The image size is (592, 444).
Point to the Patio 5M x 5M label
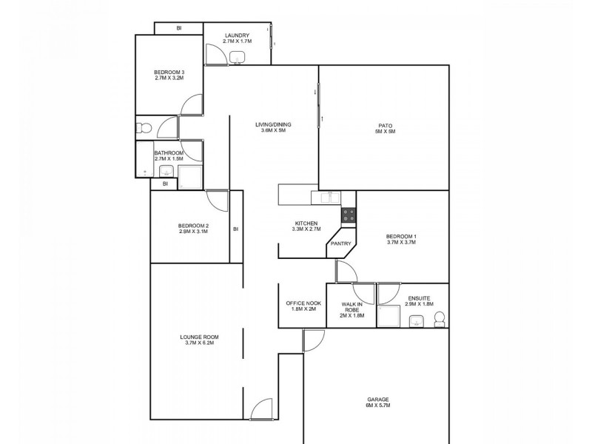click(x=385, y=128)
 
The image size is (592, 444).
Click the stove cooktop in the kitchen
click(x=348, y=215)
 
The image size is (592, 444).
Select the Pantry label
click(x=341, y=243)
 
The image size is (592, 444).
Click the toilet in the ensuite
click(x=438, y=319)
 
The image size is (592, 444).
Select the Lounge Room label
click(x=199, y=340)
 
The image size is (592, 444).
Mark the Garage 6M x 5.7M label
click(x=377, y=402)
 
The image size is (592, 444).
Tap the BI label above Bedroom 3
click(x=178, y=28)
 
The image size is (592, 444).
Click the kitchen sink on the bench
click(x=326, y=197)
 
